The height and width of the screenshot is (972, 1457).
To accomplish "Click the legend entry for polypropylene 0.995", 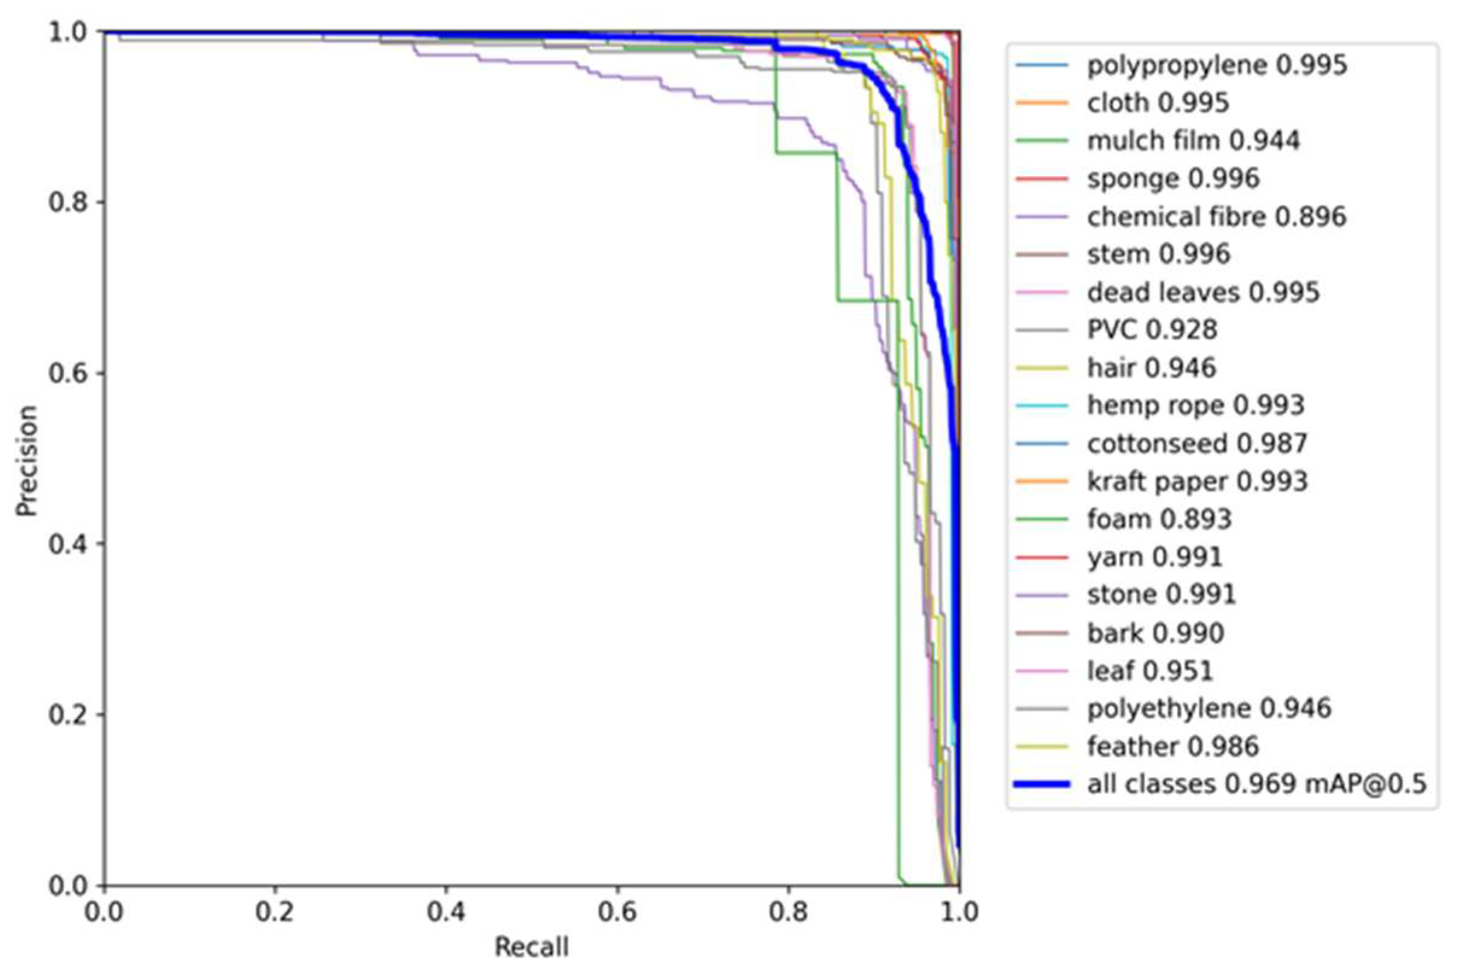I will (1216, 65).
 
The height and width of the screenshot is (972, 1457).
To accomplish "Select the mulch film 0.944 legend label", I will (1192, 141).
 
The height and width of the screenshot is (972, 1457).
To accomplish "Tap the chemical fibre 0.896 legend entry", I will (1216, 217).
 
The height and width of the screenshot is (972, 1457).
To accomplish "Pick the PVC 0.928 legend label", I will (1152, 330).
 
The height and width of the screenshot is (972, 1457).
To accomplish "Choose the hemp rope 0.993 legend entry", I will (1196, 405).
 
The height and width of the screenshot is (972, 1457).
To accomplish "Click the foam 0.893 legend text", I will (1159, 519).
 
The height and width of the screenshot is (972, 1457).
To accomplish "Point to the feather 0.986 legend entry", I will (1173, 746).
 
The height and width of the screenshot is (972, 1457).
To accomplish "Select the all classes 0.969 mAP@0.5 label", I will (1256, 784).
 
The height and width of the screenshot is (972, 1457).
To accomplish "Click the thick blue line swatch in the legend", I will (1042, 784).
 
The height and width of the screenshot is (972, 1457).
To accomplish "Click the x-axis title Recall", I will (531, 947).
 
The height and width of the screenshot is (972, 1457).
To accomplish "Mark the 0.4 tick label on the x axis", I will (447, 912).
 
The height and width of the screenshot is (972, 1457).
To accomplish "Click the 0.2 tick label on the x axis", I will (275, 912).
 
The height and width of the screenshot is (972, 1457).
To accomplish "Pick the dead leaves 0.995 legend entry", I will (1203, 293).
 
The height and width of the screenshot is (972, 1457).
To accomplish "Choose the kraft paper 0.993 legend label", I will (1197, 481).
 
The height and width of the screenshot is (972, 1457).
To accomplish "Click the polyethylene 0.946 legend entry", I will (1209, 708).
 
